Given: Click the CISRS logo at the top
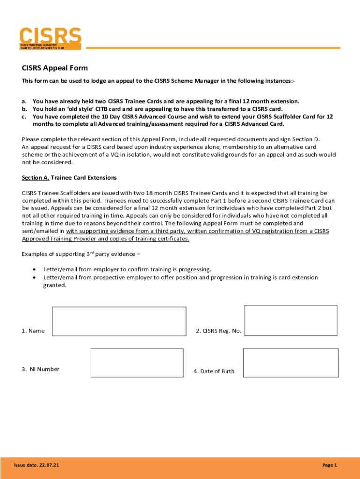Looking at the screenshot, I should [50, 38].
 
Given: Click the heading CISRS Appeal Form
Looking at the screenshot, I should [55, 68].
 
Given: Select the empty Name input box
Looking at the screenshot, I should [119, 321].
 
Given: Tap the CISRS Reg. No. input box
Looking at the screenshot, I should [291, 320].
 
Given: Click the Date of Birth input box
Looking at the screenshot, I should [290, 363].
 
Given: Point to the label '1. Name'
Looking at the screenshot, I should [33, 331].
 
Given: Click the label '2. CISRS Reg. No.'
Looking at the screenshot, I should [218, 331].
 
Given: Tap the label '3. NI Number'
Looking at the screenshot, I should [40, 369].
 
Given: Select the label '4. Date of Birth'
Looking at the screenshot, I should [214, 371].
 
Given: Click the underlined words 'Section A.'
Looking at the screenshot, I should [36, 178].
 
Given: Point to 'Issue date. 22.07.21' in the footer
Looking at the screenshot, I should [36, 465].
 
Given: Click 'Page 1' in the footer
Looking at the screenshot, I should [329, 465].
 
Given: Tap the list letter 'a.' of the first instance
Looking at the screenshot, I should [24, 101].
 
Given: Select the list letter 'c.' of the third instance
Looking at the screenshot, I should [24, 116].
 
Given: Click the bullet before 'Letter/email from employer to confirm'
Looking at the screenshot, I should [35, 269].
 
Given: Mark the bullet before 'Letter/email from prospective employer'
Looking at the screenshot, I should [35, 277].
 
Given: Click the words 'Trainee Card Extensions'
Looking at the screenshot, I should [84, 178].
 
